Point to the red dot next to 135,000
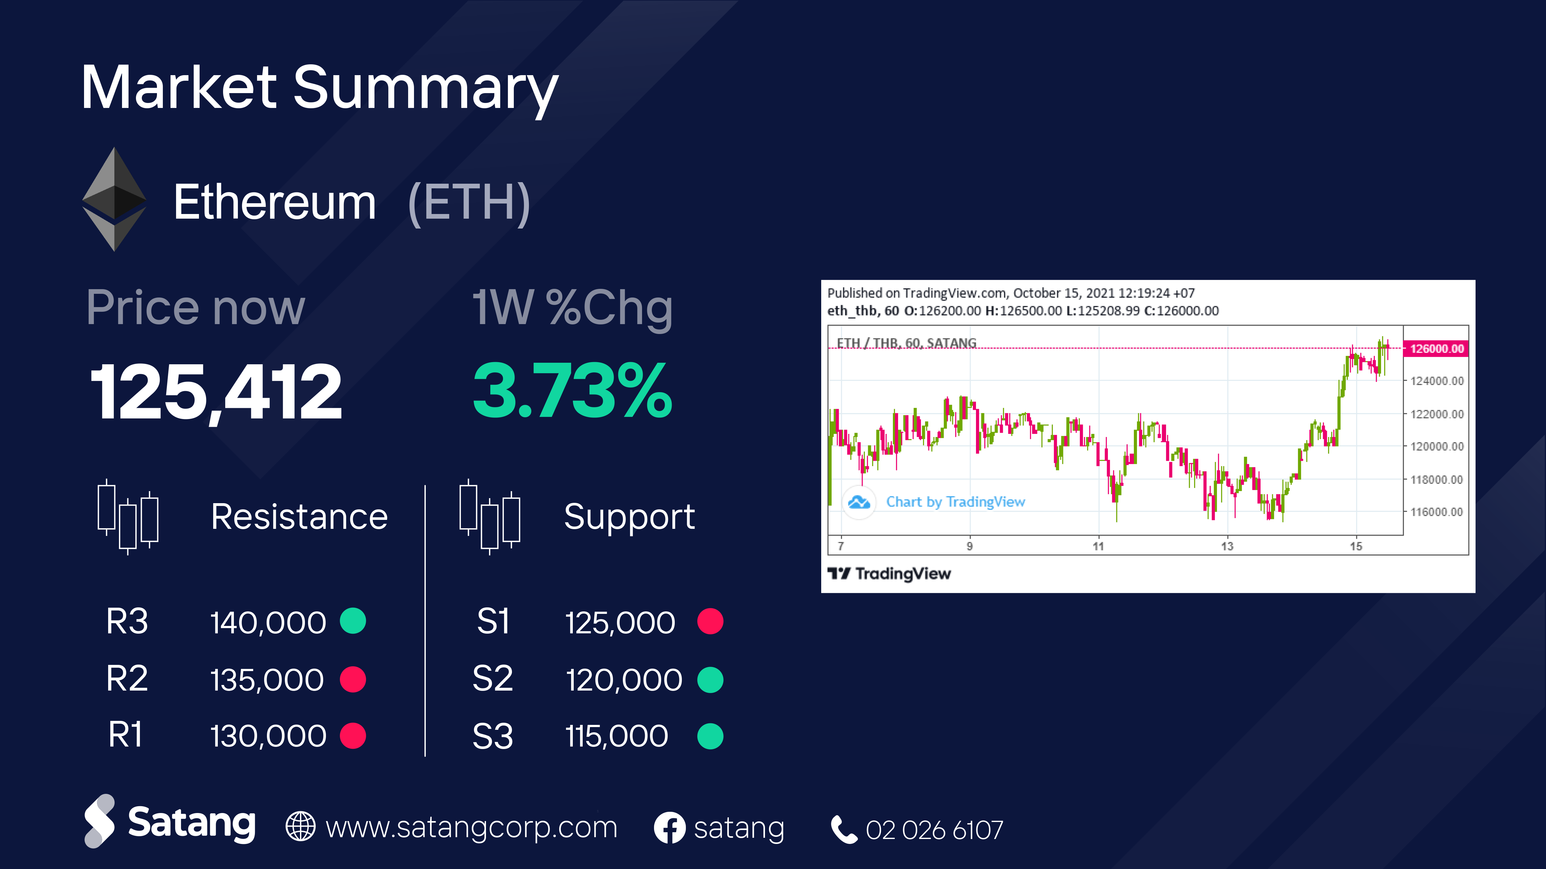click(353, 679)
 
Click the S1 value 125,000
click(620, 622)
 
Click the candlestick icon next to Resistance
click(128, 516)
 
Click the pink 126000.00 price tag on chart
click(1436, 348)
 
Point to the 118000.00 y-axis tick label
click(1437, 479)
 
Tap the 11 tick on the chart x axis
click(1098, 546)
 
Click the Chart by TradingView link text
click(956, 502)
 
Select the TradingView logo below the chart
click(889, 574)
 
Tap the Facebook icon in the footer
click(669, 828)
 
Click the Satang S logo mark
click(99, 821)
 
